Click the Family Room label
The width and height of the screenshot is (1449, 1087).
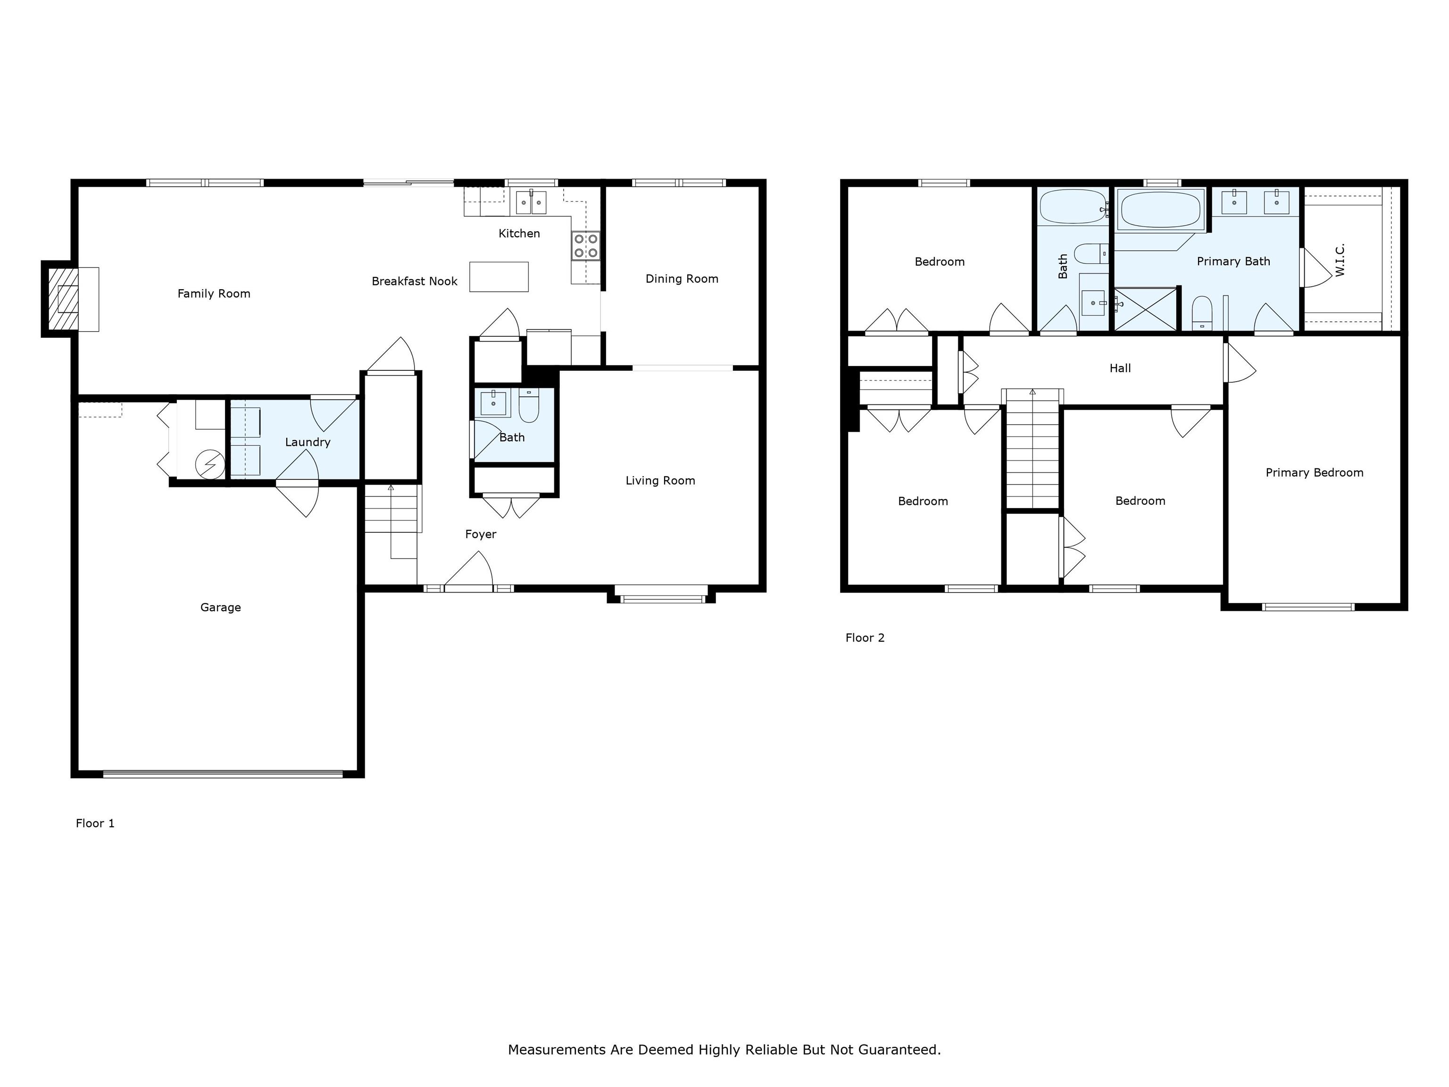(214, 293)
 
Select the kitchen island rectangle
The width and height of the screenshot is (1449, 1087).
(499, 276)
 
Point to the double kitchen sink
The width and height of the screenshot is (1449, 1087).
(531, 202)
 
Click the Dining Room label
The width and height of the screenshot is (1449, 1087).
(681, 278)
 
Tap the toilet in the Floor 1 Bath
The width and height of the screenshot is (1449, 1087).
(529, 406)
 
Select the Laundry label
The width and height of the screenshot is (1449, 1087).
(307, 442)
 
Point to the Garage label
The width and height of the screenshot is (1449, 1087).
(220, 607)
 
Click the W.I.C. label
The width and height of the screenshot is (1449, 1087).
(1340, 260)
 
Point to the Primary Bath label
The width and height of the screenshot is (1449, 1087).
(1233, 261)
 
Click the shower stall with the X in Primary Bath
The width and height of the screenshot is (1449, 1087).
(1145, 309)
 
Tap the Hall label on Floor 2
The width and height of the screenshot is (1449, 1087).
(1119, 368)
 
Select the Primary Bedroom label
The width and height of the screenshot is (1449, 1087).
(1314, 472)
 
